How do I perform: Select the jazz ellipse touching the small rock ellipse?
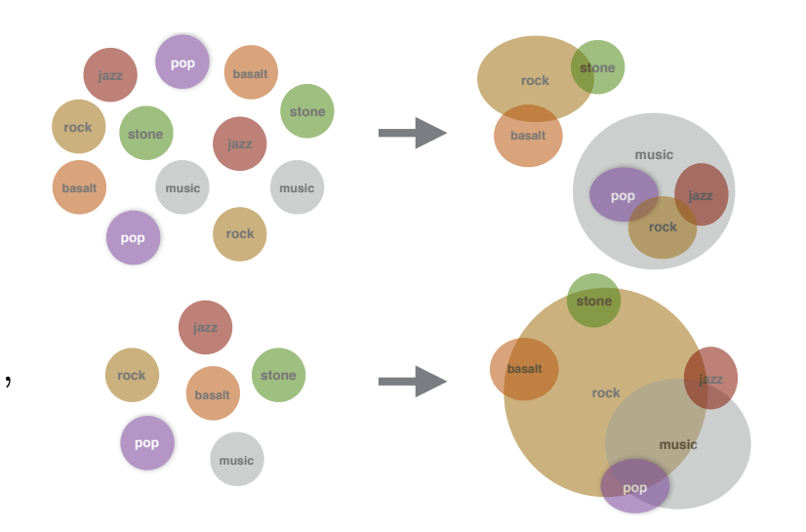(x=702, y=194)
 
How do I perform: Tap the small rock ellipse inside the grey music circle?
(x=663, y=227)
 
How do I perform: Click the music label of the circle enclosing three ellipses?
(x=654, y=154)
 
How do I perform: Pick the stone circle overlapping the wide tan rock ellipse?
(x=598, y=67)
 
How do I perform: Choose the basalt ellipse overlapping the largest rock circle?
(x=524, y=369)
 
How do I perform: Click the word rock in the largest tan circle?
(x=605, y=392)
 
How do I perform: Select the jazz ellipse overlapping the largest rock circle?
(x=710, y=378)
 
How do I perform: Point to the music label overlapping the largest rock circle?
(x=678, y=444)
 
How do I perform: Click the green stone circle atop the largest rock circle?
(x=593, y=301)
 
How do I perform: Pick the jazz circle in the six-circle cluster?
(x=205, y=327)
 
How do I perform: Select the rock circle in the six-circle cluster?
(x=132, y=375)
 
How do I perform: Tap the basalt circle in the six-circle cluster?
(x=213, y=394)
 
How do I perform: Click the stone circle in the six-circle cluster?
(x=278, y=375)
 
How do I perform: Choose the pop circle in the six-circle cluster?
(x=146, y=442)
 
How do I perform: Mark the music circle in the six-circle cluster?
(x=236, y=460)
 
